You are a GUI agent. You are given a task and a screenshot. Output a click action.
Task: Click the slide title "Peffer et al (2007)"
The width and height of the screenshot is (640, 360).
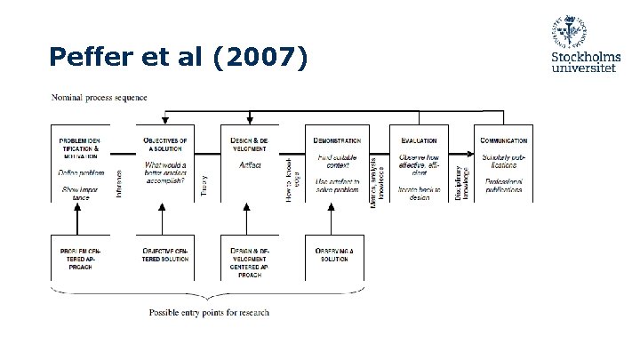pyautogui.click(x=179, y=58)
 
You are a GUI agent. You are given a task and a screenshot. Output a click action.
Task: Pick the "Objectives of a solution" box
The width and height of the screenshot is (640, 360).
pyautogui.click(x=165, y=164)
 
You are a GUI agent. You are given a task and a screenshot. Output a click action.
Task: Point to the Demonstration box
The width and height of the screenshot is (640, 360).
pyautogui.click(x=337, y=164)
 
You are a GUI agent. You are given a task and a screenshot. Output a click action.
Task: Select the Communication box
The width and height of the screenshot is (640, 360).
pyautogui.click(x=504, y=164)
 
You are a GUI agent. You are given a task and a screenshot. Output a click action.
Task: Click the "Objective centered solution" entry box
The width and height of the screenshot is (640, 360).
pyautogui.click(x=165, y=257)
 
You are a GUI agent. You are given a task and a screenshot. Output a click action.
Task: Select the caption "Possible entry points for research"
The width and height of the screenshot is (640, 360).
pyautogui.click(x=209, y=312)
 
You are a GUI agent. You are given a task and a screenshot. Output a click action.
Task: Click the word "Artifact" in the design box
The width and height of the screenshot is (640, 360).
pyautogui.click(x=250, y=165)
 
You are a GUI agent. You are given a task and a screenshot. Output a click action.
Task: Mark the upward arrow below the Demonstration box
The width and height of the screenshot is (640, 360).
pyautogui.click(x=334, y=218)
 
